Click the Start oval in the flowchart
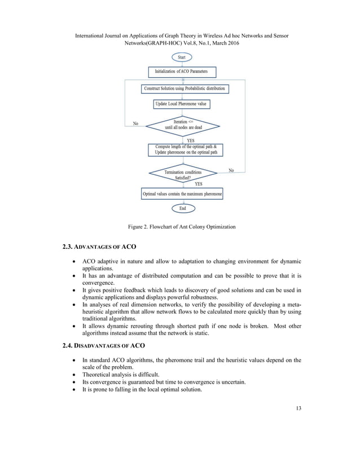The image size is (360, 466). [x=182, y=58]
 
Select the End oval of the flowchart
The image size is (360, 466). [x=182, y=208]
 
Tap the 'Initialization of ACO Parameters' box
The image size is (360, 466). [x=182, y=72]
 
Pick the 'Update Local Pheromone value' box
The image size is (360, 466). [x=182, y=104]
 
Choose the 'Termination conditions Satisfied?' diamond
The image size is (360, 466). [x=182, y=174]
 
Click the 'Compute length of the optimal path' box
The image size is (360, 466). [x=182, y=150]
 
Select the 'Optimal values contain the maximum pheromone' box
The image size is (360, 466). [x=182, y=194]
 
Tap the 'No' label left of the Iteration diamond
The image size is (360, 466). [x=135, y=123]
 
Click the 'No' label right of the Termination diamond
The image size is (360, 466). [x=231, y=170]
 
